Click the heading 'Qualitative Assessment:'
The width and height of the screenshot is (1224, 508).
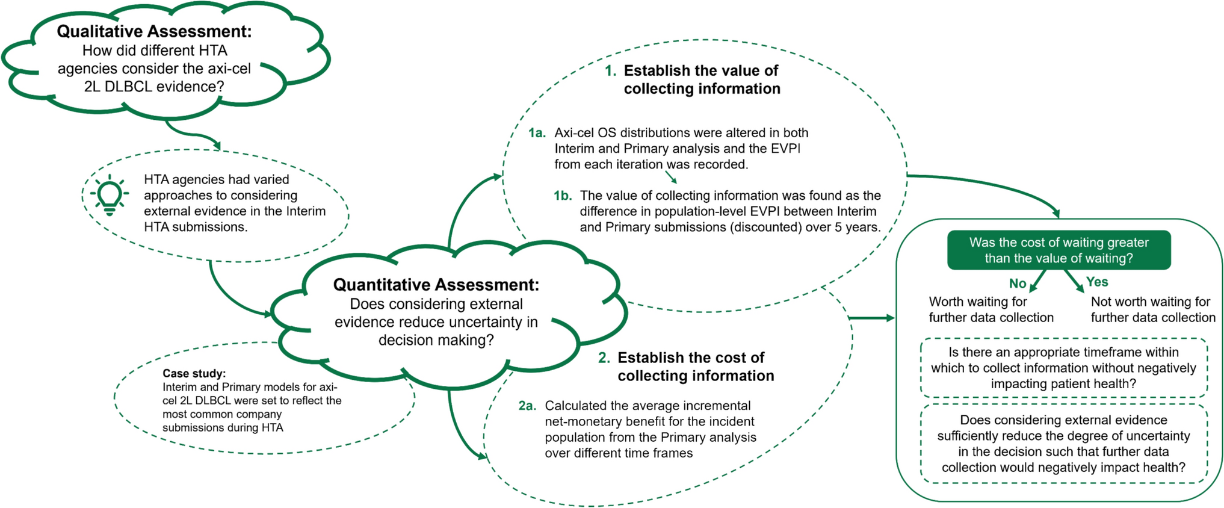(x=154, y=31)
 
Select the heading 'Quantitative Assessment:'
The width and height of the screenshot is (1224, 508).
(x=436, y=285)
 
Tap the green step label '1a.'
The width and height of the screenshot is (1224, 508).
(x=537, y=133)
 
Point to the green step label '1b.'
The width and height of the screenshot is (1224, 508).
(x=563, y=196)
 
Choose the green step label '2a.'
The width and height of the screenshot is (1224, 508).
(x=527, y=406)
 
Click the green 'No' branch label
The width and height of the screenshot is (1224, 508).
(x=1018, y=283)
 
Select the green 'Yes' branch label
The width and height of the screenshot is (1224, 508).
(x=1097, y=282)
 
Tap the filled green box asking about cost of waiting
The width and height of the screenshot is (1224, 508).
(x=1059, y=250)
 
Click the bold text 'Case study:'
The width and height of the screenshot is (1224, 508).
(x=194, y=373)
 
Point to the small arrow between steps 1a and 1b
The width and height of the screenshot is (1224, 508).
(x=671, y=176)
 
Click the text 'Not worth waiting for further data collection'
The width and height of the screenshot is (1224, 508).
(x=1152, y=309)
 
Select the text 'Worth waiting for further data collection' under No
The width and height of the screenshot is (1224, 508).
(x=991, y=309)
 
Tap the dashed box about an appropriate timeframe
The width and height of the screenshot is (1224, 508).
(x=1063, y=368)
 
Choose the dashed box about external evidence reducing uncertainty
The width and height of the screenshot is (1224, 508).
(x=1063, y=444)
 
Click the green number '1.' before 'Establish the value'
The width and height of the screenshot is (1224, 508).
(x=611, y=71)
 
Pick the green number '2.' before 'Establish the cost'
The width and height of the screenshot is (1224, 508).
(x=604, y=358)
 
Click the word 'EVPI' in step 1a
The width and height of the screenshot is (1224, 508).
(x=784, y=149)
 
